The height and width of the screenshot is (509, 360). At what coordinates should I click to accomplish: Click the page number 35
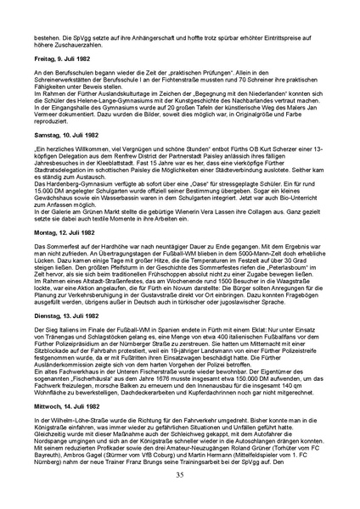pos(180,474)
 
